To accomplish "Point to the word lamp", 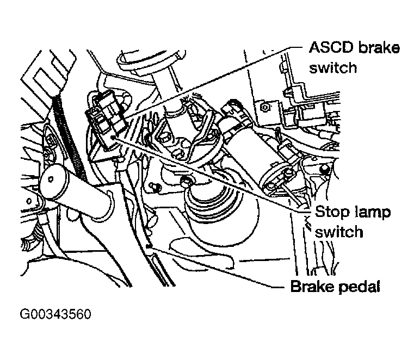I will (x=365, y=212).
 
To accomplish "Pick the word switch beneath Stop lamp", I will (x=339, y=232).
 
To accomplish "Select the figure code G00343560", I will (x=55, y=315).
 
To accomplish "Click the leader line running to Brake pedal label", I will (x=218, y=267).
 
